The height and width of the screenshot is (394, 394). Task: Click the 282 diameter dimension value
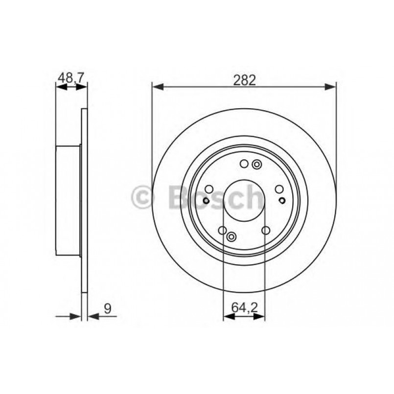pos(244,80)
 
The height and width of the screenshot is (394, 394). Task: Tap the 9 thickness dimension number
pos(107,308)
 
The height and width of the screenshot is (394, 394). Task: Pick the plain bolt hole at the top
pos(244,164)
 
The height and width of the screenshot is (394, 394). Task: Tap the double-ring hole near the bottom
pos(232,237)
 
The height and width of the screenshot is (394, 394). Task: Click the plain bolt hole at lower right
pos(266,231)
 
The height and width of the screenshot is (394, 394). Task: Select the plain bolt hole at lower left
pos(222,231)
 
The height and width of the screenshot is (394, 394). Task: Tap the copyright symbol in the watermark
pos(143,197)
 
